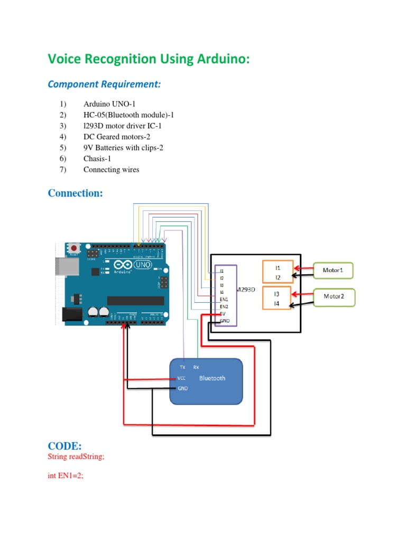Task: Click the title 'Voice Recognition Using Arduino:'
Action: pos(149,59)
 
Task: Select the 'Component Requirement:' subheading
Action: pos(104,85)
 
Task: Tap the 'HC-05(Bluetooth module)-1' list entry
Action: pos(128,115)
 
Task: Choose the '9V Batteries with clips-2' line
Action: pos(123,147)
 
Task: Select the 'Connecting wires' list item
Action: pos(111,170)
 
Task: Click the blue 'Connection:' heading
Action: pos(75,193)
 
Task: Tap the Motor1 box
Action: pos(333,270)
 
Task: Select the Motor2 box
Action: pos(334,296)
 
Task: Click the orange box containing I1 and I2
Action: pos(277,272)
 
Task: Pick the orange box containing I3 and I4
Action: pos(277,298)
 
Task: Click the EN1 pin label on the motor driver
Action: pos(224,299)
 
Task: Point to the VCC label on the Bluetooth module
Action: pos(182,378)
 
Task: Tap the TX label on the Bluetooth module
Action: pos(182,367)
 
